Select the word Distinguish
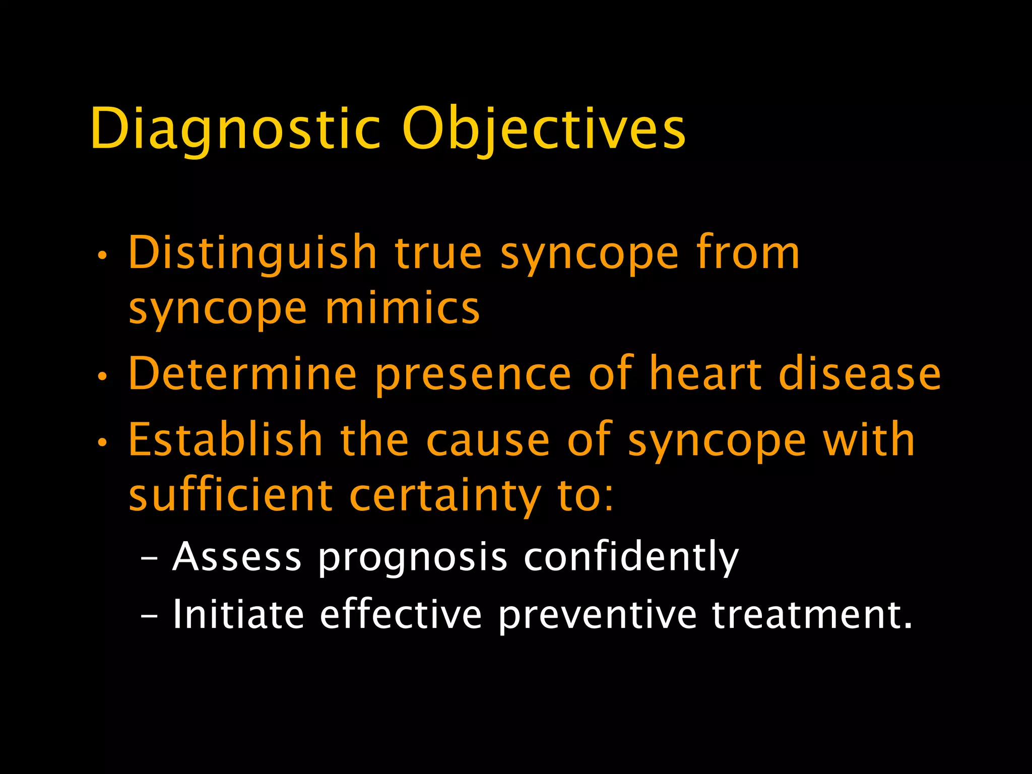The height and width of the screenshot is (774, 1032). click(252, 253)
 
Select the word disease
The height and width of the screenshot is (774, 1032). click(860, 374)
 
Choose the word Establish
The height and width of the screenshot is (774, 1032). click(225, 440)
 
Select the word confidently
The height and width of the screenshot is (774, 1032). click(631, 558)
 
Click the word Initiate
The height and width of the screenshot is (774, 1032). click(238, 614)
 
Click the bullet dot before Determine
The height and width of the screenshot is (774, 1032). click(102, 376)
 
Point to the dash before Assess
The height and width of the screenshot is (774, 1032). click(149, 558)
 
